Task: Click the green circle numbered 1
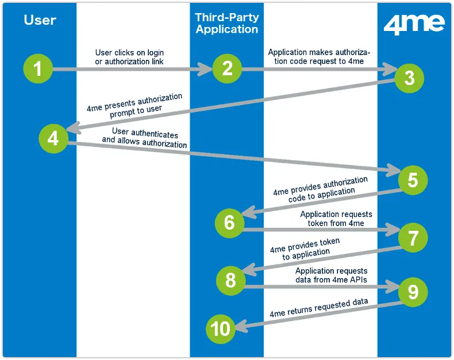point(38,69)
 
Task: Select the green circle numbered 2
point(227,69)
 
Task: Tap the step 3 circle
point(409,79)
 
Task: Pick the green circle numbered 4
point(53,138)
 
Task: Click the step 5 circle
point(413,180)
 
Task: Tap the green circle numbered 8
point(230,281)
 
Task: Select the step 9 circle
point(413,292)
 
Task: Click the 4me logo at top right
point(414,25)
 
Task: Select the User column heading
point(40,20)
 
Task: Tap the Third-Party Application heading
point(227,24)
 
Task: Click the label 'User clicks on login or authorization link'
point(133,57)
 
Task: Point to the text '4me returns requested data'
point(319,308)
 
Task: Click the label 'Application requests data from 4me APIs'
point(331,275)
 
